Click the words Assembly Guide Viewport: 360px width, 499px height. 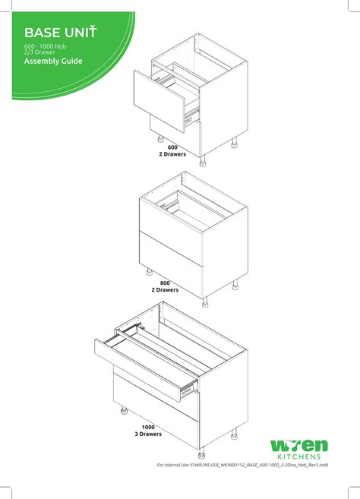point(53,62)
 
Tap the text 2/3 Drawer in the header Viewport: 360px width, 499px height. point(42,52)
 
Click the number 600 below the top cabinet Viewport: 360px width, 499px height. point(172,147)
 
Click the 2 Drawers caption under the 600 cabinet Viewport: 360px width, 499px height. point(172,154)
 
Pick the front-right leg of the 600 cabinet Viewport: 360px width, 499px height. point(202,161)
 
